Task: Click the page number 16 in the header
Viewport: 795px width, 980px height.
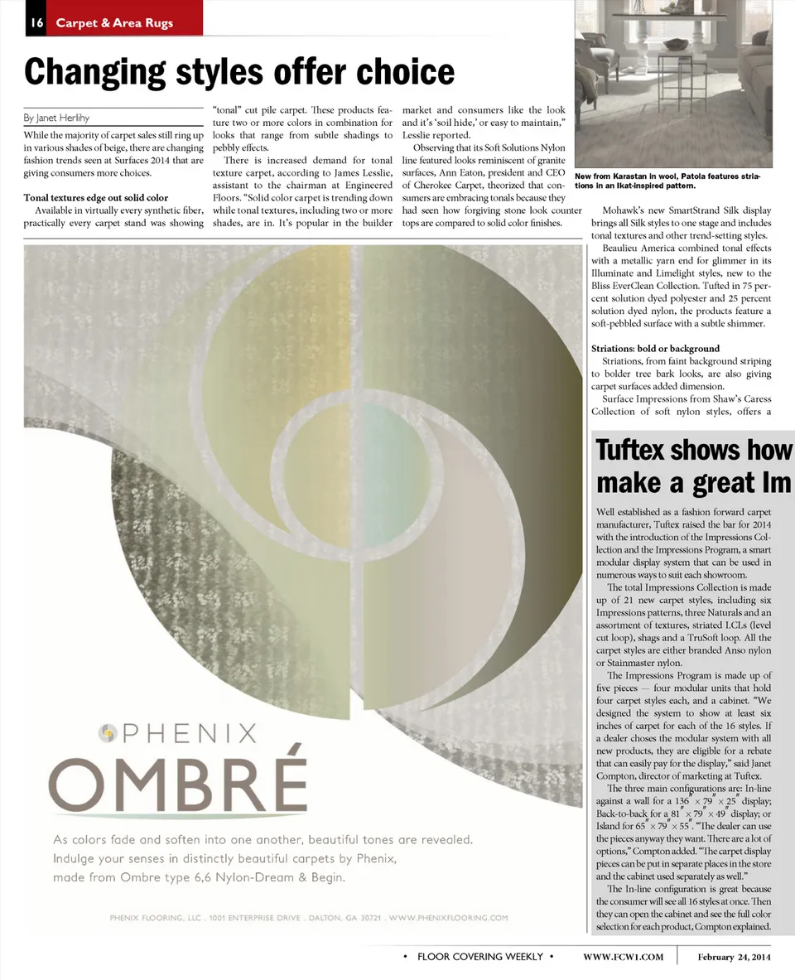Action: [36, 23]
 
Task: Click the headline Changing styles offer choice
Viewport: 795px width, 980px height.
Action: [239, 73]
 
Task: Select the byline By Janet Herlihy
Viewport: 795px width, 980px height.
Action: [57, 118]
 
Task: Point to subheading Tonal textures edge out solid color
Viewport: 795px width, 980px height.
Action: [95, 198]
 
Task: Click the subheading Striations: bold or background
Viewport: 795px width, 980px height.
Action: [655, 349]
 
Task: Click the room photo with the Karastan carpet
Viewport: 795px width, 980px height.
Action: [672, 83]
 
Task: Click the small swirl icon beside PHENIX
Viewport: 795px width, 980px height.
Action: [107, 732]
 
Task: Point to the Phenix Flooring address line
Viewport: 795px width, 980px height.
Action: [309, 918]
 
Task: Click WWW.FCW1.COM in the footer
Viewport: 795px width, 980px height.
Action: [623, 957]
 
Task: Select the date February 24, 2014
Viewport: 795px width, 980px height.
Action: [734, 957]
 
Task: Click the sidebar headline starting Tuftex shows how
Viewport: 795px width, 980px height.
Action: [694, 451]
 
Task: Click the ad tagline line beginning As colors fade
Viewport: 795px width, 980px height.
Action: [263, 839]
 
